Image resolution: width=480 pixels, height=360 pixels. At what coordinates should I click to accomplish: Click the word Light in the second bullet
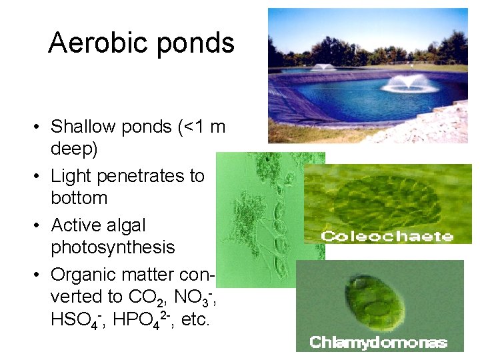pos(69,176)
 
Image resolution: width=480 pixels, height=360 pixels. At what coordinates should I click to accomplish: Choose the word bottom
pos(79,198)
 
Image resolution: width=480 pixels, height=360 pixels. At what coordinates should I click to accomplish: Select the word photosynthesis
pos(113,247)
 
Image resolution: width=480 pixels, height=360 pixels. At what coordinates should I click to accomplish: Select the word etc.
pos(195,320)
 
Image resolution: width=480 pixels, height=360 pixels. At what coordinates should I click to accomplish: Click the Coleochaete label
pos(387,236)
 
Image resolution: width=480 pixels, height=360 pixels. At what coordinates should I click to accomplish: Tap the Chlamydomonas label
pos(378,343)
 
